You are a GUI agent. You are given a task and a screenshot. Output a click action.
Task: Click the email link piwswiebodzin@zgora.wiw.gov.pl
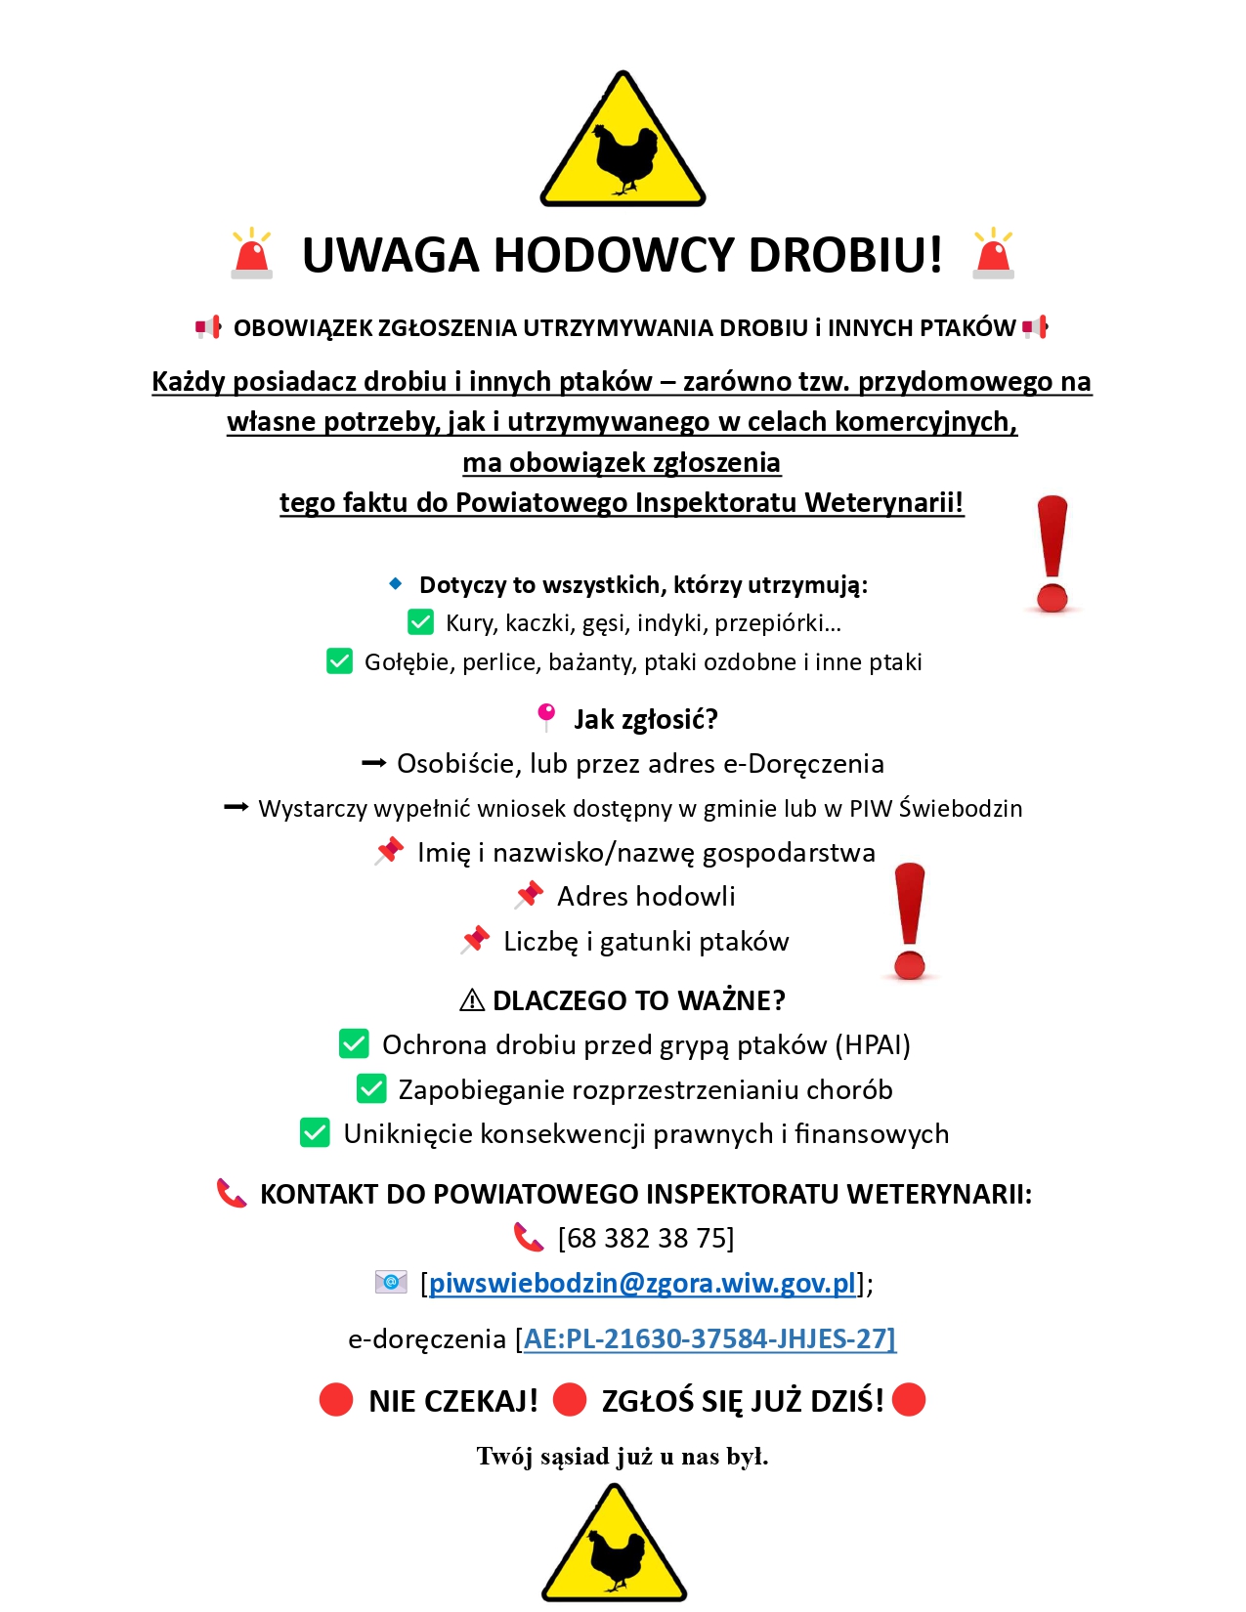pos(642,1283)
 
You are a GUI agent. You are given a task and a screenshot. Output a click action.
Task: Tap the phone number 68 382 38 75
pos(645,1238)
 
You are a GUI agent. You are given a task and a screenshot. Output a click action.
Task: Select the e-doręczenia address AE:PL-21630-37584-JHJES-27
pos(709,1338)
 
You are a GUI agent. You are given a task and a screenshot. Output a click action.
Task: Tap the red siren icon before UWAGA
pos(252,254)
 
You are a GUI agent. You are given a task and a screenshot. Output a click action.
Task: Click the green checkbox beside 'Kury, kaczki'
pos(420,622)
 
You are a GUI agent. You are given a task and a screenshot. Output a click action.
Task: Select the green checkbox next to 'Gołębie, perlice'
pos(339,661)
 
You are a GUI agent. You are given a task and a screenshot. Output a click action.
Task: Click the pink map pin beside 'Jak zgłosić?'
pos(546,716)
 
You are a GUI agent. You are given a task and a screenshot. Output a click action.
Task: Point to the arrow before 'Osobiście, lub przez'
pos(373,764)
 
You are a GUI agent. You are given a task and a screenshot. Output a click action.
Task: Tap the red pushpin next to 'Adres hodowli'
pos(530,894)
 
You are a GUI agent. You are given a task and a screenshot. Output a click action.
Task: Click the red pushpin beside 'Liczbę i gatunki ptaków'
pos(476,939)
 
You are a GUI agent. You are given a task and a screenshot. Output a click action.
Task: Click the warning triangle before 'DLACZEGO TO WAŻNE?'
pos(472,1000)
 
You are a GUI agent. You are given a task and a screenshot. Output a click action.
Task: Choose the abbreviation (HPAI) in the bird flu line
pos(872,1044)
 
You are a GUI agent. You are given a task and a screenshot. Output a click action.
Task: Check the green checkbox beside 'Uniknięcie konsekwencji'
pos(315,1132)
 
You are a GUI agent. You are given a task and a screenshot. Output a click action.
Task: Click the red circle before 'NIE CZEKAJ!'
pos(336,1399)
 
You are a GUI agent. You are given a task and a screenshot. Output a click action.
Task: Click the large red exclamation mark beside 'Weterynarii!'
pos(1053,553)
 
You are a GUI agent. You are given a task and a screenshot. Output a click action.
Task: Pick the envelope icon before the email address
pos(391,1282)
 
